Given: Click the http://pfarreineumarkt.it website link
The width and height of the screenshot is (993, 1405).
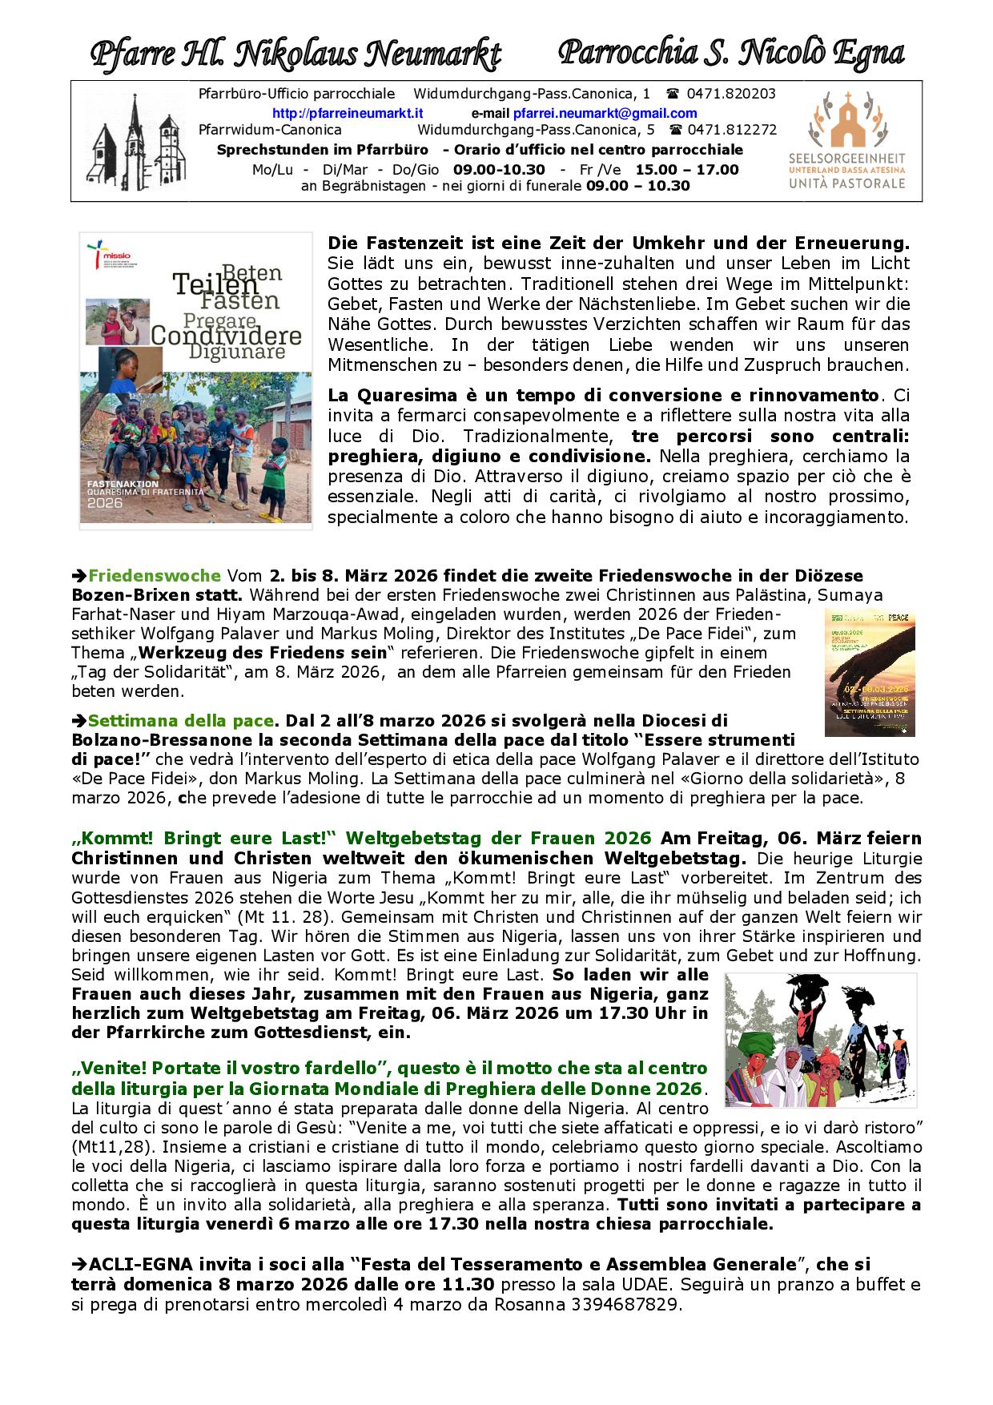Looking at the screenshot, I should (x=348, y=114).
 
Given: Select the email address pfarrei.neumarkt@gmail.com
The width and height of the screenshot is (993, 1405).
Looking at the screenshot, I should (x=605, y=114).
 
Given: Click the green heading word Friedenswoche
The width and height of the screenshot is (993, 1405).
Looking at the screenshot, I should (x=154, y=576).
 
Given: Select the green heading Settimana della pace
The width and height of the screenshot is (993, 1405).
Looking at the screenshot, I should (x=182, y=719).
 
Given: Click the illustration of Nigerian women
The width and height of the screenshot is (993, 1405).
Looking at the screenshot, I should (x=820, y=1040).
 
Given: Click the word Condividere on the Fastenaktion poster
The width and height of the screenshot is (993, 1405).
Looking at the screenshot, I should (x=226, y=335).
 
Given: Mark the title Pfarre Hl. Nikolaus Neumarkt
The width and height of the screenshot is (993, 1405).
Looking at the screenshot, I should (x=295, y=54).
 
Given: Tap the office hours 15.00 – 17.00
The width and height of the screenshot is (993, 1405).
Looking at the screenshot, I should (x=687, y=170).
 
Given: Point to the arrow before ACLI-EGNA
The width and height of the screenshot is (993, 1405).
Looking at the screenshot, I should (x=79, y=1265).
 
